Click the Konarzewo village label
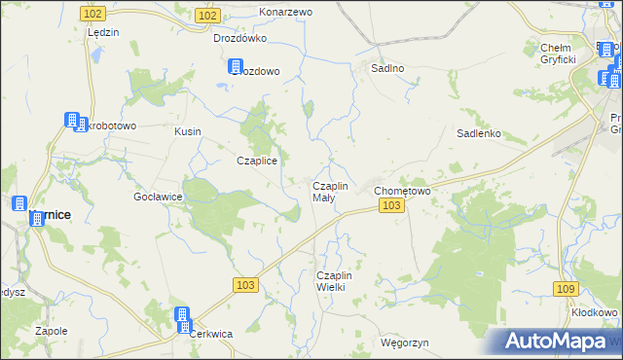pos(285,12)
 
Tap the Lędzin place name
pos(102,32)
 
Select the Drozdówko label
pos(239,39)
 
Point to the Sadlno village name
pos(388,69)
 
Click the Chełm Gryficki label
pos(559,54)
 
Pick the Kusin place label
pos(187,130)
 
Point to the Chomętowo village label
pos(402,191)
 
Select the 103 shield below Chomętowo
pos(391,206)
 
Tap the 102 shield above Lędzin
pos(93,13)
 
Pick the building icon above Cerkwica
pos(182,315)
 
